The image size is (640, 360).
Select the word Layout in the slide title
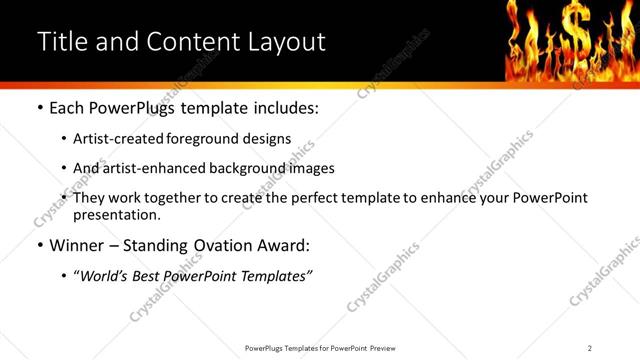[x=285, y=42]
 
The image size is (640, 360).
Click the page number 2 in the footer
[x=590, y=348]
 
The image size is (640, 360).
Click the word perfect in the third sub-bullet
[x=329, y=198]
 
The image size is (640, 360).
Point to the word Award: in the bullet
[x=286, y=244]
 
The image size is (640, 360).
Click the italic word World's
[x=107, y=275]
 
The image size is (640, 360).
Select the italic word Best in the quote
[x=153, y=275]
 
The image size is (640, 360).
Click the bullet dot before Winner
[x=39, y=244]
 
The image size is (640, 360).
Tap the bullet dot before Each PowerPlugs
[x=39, y=107]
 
